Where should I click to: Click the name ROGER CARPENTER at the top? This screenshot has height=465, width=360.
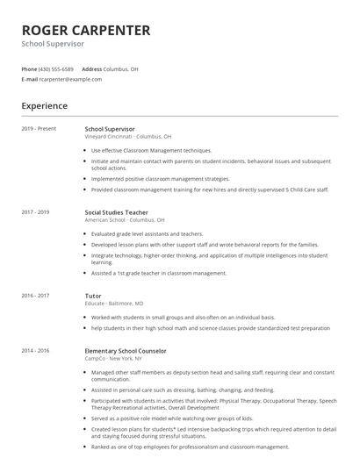pyautogui.click(x=86, y=30)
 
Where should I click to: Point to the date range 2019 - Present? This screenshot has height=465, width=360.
pyautogui.click(x=39, y=129)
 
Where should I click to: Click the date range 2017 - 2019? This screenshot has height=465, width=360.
pyautogui.click(x=36, y=212)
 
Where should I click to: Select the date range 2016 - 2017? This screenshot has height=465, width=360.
pyautogui.click(x=36, y=297)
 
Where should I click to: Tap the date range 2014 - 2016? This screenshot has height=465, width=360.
pyautogui.click(x=36, y=350)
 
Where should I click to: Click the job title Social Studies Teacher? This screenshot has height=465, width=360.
pyautogui.click(x=117, y=212)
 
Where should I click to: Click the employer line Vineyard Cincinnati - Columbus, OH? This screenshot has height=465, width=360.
pyautogui.click(x=128, y=137)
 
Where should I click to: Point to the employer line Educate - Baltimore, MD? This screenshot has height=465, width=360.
pyautogui.click(x=114, y=304)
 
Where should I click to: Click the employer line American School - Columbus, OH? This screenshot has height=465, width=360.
pyautogui.click(x=125, y=220)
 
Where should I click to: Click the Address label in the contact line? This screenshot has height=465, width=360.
pyautogui.click(x=91, y=68)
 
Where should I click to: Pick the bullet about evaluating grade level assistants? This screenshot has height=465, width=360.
pyautogui.click(x=147, y=234)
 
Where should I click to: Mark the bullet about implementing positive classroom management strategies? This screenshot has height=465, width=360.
pyautogui.click(x=160, y=178)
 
